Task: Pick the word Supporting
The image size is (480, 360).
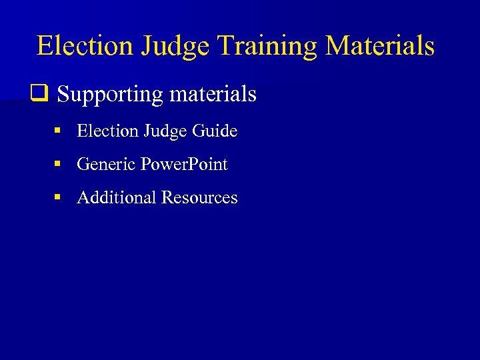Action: coord(110,95)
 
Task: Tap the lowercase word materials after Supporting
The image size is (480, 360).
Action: coord(213,94)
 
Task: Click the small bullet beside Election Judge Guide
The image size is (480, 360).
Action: coord(58,131)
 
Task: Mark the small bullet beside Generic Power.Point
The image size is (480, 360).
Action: coord(58,164)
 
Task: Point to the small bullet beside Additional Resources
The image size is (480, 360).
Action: coord(58,197)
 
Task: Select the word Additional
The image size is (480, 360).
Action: coord(117,197)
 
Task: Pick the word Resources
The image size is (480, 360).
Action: coord(199,197)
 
